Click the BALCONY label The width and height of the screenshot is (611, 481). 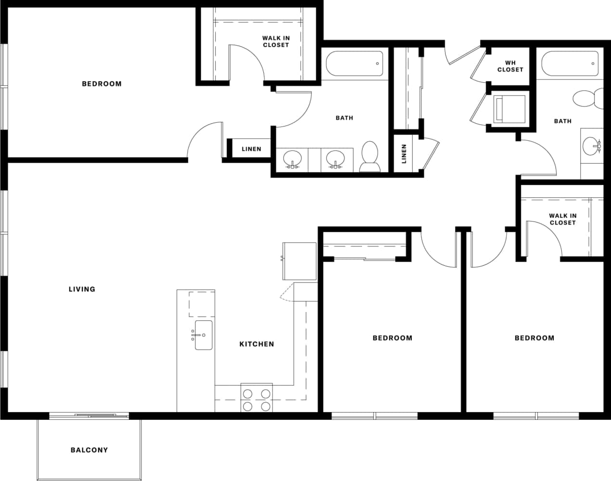coord(89,450)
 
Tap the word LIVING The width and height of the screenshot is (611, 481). coord(82,289)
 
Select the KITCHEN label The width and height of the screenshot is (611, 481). coord(257,344)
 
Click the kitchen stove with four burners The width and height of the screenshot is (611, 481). coord(256,400)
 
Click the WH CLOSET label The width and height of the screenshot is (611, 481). coord(510,66)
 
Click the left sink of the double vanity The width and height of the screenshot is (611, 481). coord(292,158)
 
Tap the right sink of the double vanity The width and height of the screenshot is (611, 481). coord(335,158)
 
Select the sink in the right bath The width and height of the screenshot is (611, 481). coord(591,145)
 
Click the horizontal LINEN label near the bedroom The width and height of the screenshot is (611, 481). coord(251,149)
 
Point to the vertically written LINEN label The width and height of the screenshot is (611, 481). coord(404,154)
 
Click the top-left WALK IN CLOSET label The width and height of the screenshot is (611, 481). coord(276,41)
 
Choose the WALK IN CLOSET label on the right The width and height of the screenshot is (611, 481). coord(562,219)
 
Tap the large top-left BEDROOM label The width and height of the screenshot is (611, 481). coord(102,84)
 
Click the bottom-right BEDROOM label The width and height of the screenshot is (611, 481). coord(534,338)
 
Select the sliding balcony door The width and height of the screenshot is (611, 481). coord(89,415)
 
